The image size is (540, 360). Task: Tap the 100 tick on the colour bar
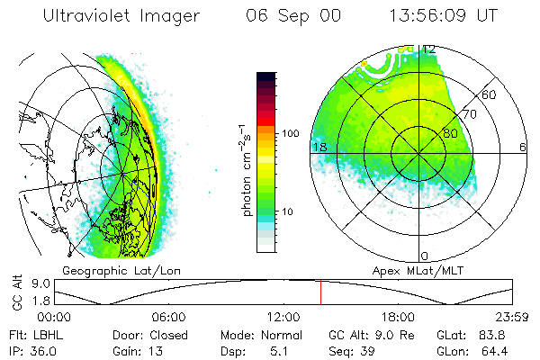tap(291, 133)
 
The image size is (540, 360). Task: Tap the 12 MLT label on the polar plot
tap(429, 49)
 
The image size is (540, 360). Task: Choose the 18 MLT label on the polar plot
tap(318, 147)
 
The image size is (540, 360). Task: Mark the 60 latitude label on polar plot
tap(490, 94)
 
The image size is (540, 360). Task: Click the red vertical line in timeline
tap(320, 292)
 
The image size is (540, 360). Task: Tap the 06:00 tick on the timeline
tap(168, 317)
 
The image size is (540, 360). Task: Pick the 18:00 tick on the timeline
tap(398, 317)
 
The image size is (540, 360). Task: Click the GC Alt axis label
tap(15, 292)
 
